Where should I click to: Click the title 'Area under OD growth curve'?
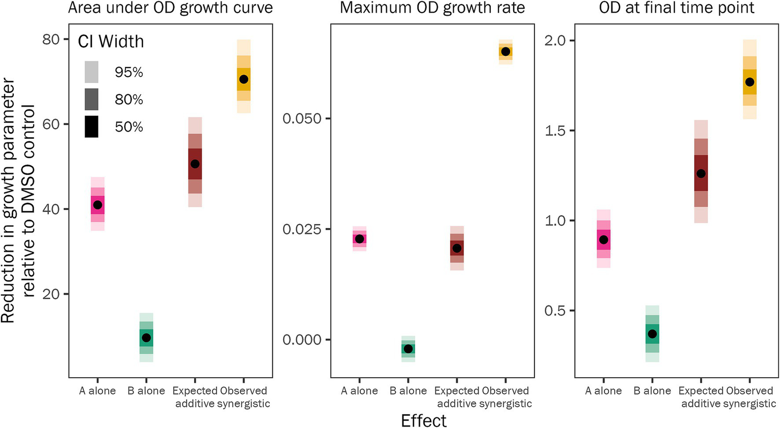coord(170,8)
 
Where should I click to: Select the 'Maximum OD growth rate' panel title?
coord(432,8)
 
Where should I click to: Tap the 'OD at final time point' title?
coord(676,8)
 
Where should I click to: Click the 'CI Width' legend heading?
coord(111,42)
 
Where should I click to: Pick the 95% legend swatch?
coord(91,72)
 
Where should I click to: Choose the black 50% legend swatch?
coord(91,127)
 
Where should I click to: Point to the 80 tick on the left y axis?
coord(51,39)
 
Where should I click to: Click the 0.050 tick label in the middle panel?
coord(302,118)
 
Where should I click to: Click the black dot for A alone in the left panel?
coord(98,205)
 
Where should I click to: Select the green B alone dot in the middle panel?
coord(408,349)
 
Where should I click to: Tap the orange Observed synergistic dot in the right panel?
coord(750,82)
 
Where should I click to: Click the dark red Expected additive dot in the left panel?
coord(195,164)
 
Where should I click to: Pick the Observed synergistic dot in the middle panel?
coord(505,51)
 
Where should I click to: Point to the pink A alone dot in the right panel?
coord(603,239)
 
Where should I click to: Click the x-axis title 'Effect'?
coord(423,420)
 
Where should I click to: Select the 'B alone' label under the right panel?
coord(652,391)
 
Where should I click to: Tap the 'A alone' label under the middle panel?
coord(359,391)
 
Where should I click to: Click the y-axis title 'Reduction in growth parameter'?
coord(8,201)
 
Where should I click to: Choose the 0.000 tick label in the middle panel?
coord(302,340)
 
